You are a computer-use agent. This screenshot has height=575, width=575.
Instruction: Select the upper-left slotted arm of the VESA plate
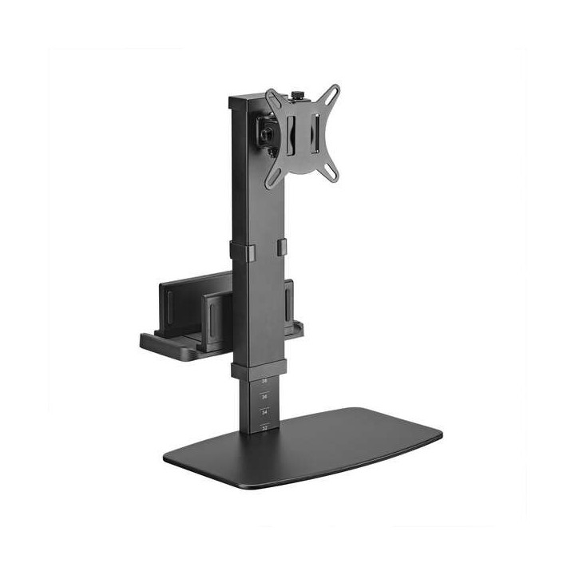(274, 99)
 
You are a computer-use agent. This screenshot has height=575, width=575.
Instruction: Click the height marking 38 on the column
(264, 382)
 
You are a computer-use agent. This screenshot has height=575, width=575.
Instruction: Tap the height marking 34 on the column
(264, 412)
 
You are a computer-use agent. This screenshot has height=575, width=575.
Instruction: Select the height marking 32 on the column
(264, 428)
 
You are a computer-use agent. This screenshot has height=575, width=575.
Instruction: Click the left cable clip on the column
(239, 250)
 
